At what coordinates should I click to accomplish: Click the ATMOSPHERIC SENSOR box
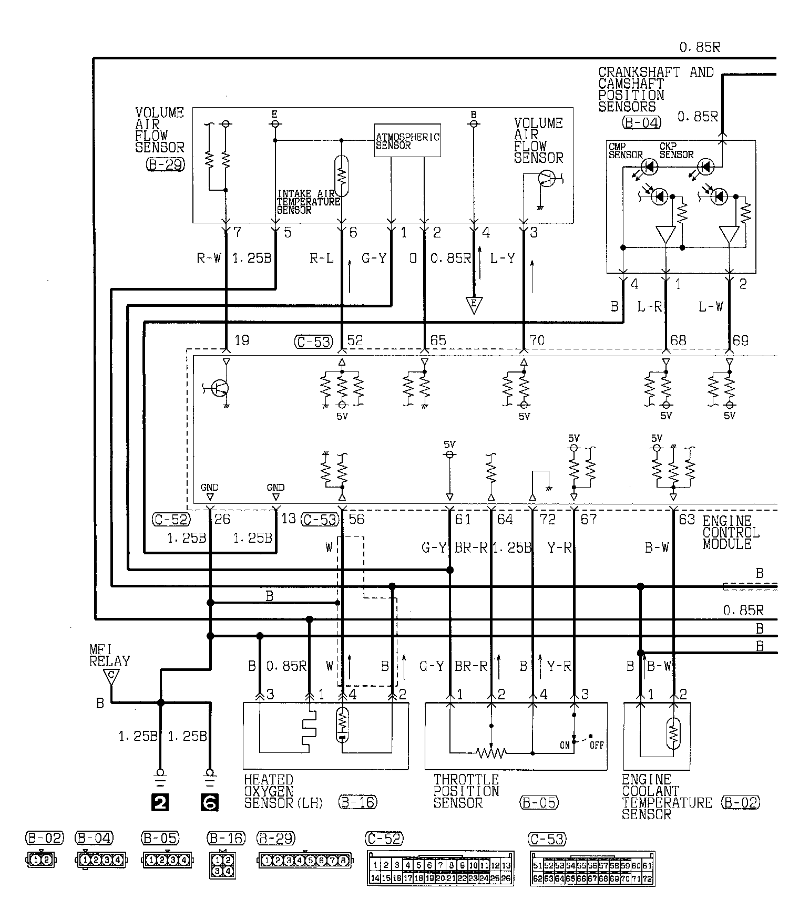407,140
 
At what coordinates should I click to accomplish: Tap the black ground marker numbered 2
160,802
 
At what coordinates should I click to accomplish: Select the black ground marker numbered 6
210,802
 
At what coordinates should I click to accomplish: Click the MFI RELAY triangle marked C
110,677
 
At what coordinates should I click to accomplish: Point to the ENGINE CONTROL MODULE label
731,532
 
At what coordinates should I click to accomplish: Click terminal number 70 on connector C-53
537,340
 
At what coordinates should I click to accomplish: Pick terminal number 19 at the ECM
242,340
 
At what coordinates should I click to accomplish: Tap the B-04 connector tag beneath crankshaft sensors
641,123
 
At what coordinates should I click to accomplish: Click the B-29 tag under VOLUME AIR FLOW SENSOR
166,164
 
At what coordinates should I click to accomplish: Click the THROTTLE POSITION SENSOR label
466,791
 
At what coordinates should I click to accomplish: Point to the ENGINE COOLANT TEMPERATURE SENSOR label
667,797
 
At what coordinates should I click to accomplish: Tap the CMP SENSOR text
626,151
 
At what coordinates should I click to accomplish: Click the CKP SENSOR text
677,151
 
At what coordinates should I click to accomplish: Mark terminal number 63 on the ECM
687,519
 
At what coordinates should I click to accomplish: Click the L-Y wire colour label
502,258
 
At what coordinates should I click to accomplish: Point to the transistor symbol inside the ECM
218,389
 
